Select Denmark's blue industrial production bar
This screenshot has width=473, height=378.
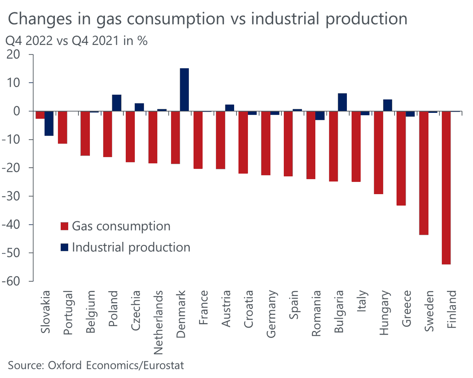(184, 90)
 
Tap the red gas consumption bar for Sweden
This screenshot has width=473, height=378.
(423, 173)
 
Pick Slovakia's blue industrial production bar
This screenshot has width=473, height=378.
(49, 123)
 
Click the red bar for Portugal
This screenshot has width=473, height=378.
(62, 127)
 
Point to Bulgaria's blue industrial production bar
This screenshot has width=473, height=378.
(342, 102)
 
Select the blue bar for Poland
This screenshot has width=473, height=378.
(117, 103)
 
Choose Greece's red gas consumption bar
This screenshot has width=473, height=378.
(401, 158)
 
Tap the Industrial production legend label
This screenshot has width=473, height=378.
(131, 247)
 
